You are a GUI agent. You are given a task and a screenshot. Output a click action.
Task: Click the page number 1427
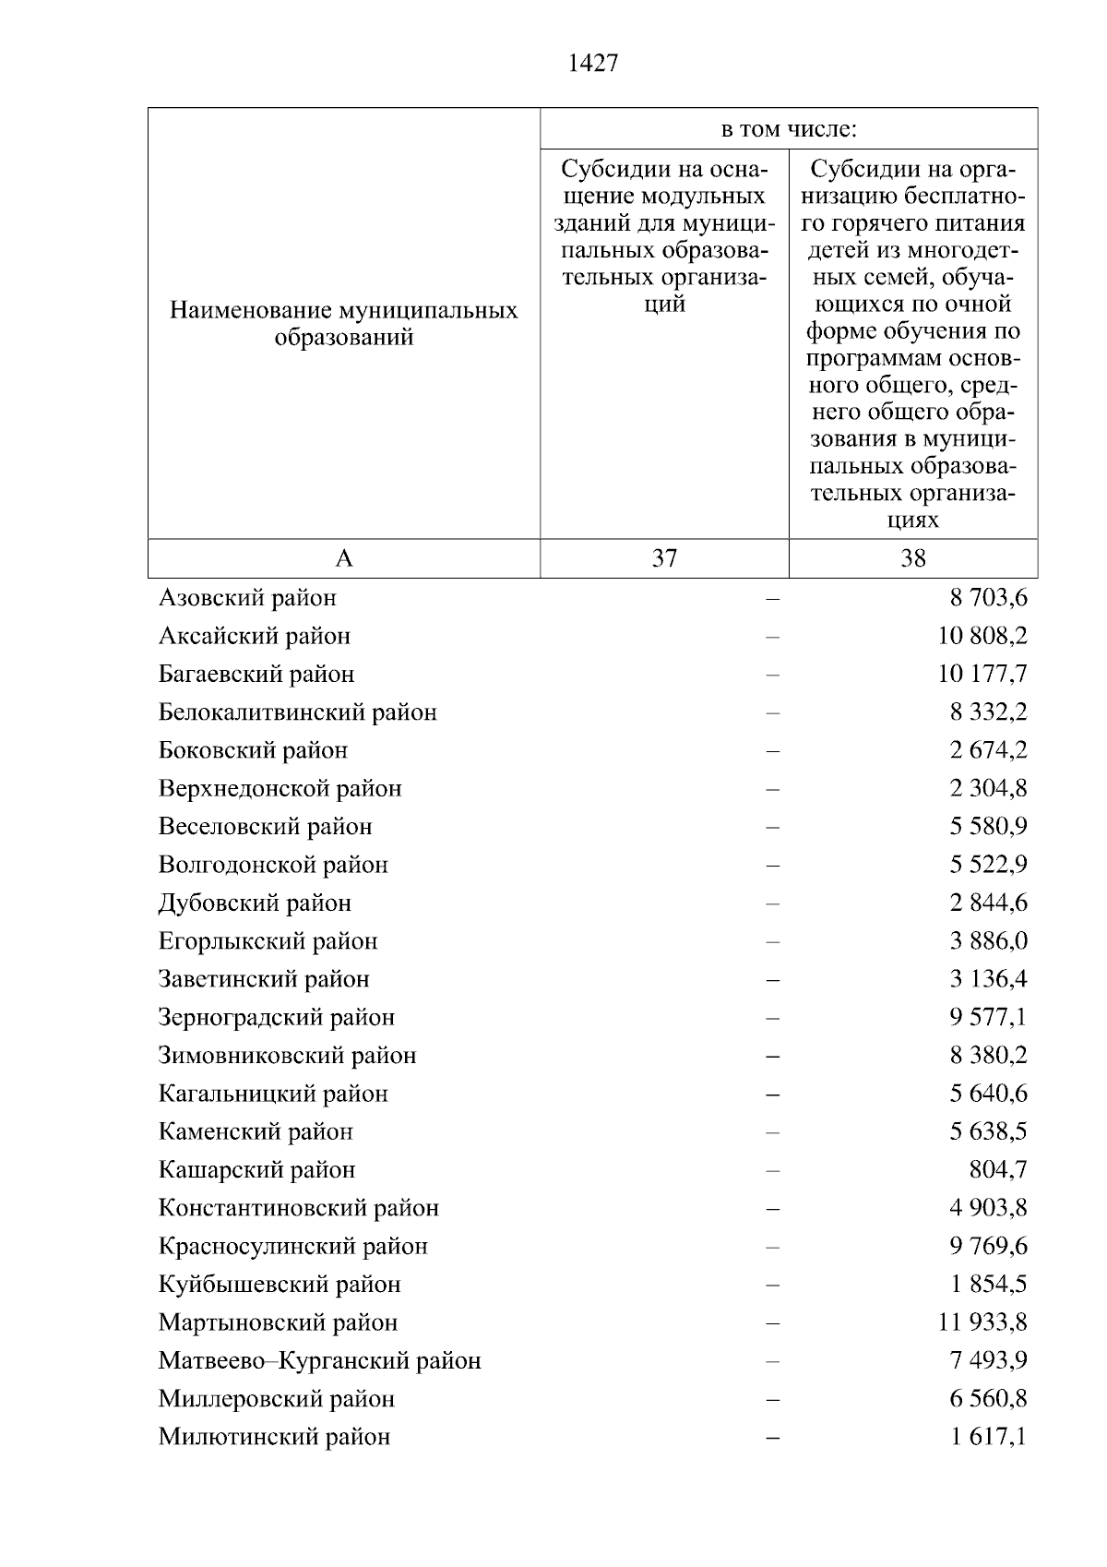(x=593, y=63)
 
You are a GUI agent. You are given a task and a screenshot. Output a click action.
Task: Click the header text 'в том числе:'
(x=789, y=129)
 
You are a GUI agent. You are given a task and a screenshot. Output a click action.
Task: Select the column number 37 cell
(x=664, y=558)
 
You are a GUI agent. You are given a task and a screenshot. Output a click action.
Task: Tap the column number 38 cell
(x=913, y=558)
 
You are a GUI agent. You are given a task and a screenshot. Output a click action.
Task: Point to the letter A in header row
(x=343, y=558)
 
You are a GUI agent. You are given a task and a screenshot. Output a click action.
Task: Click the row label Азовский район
(x=247, y=598)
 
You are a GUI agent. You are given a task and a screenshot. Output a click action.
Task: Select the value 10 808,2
(x=982, y=636)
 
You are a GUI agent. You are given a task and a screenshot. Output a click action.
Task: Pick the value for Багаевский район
(x=982, y=674)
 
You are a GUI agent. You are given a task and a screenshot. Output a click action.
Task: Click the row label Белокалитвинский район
(x=297, y=712)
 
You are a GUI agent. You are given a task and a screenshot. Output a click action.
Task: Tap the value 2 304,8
(x=989, y=788)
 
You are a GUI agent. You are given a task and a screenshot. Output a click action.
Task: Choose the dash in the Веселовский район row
(x=772, y=827)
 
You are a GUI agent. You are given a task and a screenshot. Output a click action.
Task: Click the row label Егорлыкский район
(x=268, y=941)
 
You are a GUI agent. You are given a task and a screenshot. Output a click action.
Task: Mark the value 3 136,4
(x=989, y=979)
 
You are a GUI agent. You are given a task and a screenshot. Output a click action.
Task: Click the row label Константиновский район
(x=298, y=1208)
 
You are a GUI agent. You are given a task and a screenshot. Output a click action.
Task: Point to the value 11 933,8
(x=982, y=1322)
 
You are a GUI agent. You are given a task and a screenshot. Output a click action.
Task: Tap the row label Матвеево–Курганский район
(x=319, y=1360)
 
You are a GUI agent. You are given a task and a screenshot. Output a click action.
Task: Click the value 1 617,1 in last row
(x=989, y=1437)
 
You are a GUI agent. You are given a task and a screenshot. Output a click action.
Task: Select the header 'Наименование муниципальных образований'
(x=343, y=323)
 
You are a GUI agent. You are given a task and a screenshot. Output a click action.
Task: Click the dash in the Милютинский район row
(x=772, y=1438)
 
